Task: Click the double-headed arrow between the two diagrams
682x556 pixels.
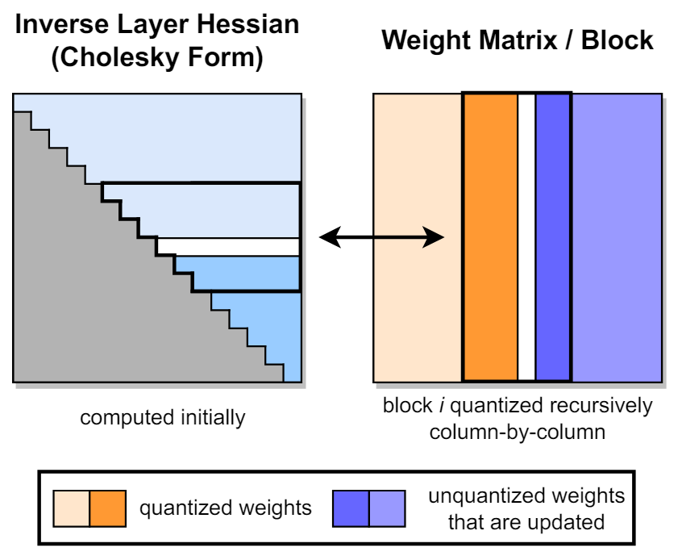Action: coord(381,237)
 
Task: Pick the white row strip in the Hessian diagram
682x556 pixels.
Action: coord(228,246)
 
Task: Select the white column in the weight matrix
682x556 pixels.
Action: coord(526,237)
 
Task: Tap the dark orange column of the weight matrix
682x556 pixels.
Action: coord(490,237)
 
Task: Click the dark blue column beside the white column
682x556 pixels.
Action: coord(552,237)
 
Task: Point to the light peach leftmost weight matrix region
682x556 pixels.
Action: coord(418,237)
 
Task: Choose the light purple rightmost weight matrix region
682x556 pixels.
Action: coord(617,237)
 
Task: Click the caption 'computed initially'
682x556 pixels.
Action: coord(162,418)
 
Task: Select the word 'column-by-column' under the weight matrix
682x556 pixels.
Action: coord(517,432)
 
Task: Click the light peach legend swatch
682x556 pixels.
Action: coord(71,508)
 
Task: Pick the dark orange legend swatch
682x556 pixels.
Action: coord(108,508)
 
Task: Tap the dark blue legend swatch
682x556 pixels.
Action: coord(351,508)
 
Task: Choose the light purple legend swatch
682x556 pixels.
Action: coord(387,508)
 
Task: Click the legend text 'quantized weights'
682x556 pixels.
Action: coord(226,508)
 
